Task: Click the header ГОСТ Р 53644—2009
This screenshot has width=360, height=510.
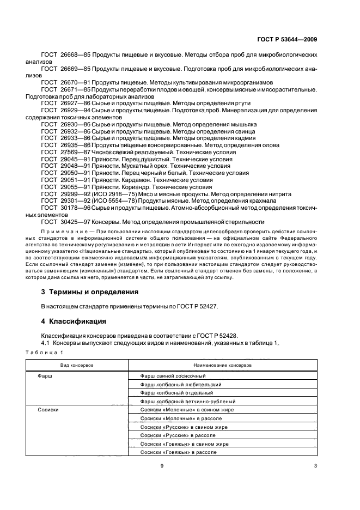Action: (x=286, y=39)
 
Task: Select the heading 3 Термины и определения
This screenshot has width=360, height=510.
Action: (x=90, y=292)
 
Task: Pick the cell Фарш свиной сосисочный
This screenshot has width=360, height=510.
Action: (x=173, y=376)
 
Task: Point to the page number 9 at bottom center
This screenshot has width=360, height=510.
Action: (x=162, y=465)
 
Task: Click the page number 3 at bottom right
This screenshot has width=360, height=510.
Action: (x=315, y=465)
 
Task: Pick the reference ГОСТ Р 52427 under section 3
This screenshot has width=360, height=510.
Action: (x=195, y=306)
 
